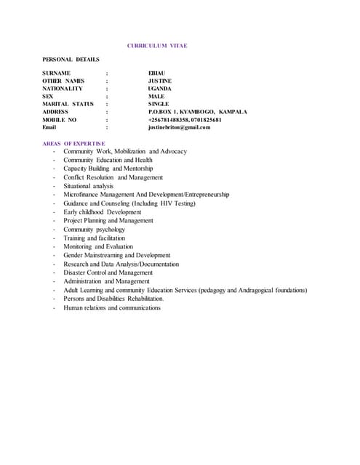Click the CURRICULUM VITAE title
coord(157,46)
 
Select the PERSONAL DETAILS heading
coord(71,59)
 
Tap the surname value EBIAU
coord(157,73)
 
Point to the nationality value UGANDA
coord(159,89)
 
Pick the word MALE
coord(156,97)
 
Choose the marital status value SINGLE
coord(158,104)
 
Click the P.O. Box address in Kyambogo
coord(197,112)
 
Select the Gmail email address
coord(179,127)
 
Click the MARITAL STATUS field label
coord(68,104)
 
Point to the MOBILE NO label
coord(60,119)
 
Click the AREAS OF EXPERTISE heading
coord(73,143)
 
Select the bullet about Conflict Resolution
coord(113,177)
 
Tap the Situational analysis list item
coord(88,186)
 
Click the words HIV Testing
coord(179,203)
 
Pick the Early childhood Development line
coord(102,212)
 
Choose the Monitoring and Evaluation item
coord(97,247)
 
